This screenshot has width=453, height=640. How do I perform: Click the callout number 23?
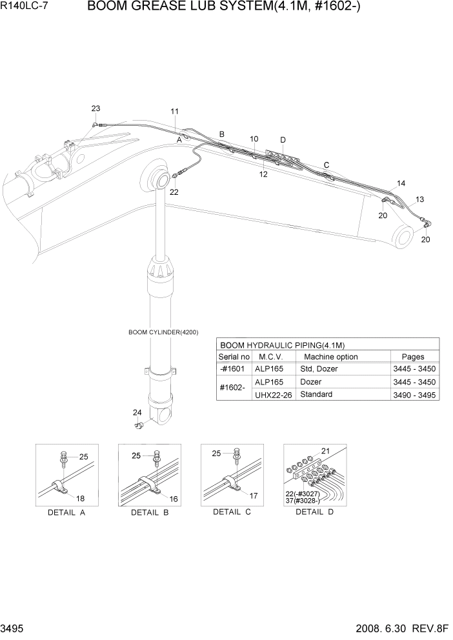coord(96,108)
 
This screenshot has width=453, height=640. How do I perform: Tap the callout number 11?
coord(175,112)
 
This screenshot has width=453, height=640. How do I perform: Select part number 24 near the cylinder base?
coord(137,413)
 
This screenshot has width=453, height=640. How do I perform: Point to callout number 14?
coord(401,184)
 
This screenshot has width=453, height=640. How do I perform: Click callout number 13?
coord(419,199)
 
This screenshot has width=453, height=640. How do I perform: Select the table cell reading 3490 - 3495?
coord(414,394)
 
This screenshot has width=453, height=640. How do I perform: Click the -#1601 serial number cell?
coord(234,369)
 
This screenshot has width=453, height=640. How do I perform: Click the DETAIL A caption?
coord(66,513)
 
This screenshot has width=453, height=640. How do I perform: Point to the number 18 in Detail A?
coord(81,498)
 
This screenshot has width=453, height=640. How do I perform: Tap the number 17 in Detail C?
coord(253,496)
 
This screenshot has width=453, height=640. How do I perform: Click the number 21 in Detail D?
coord(325,451)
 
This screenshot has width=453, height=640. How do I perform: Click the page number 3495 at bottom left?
coord(14,628)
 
